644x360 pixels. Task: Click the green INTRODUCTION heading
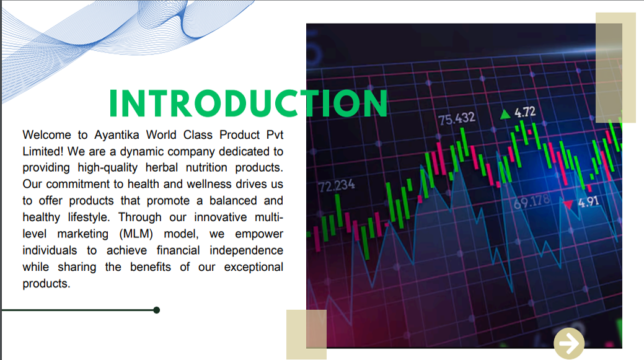249,103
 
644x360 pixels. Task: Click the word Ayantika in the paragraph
117,134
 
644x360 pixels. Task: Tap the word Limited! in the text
43,151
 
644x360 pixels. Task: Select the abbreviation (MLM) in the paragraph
136,234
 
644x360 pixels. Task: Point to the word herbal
161,167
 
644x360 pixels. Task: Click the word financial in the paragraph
178,250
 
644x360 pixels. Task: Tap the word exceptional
254,267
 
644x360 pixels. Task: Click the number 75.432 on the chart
457,118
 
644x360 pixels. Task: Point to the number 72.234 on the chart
337,186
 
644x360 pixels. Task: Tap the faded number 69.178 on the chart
531,201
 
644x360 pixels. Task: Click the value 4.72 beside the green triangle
525,112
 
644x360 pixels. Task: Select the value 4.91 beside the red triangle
588,202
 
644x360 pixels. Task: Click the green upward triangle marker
505,114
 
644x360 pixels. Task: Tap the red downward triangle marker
568,204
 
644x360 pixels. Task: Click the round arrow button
569,343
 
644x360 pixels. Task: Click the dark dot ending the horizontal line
156,310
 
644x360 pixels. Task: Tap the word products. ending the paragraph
46,284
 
